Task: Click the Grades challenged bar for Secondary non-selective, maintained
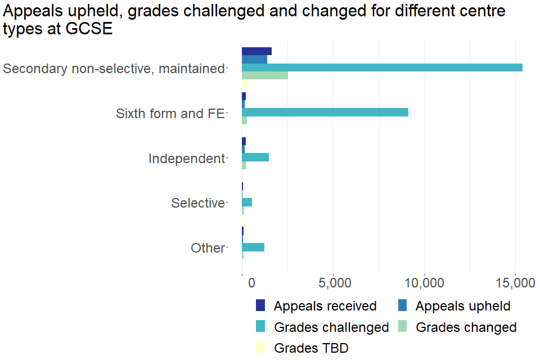(382, 67)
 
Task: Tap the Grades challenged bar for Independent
(255, 157)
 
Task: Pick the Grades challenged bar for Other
(253, 247)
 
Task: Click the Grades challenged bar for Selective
(247, 202)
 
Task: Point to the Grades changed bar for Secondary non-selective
(265, 75)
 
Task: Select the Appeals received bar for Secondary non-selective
(256, 51)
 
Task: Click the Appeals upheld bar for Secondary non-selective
(254, 59)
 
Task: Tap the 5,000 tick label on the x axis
(334, 283)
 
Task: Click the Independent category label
(186, 159)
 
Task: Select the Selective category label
(198, 203)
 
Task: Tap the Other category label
(208, 248)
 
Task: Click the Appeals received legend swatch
(260, 305)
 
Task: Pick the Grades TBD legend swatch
(260, 348)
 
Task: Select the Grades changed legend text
(466, 327)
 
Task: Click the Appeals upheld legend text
(463, 306)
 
